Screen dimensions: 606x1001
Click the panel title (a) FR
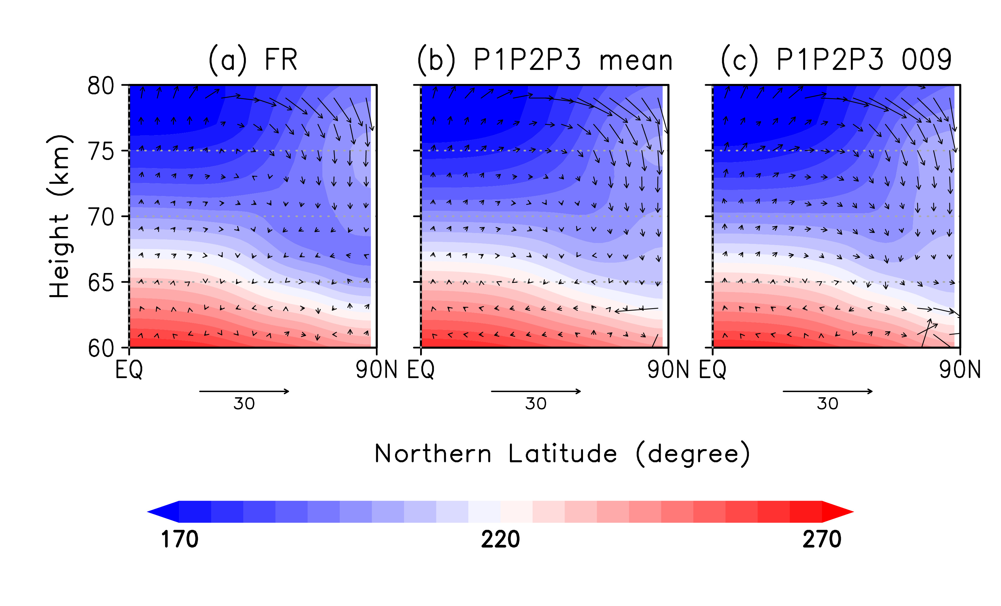point(253,60)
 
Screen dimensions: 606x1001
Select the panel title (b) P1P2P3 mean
point(545,60)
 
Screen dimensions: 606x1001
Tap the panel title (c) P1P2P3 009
point(836,60)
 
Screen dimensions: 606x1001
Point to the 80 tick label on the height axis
point(101,86)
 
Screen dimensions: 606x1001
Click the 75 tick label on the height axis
point(101,152)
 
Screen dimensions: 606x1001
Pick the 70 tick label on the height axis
point(101,217)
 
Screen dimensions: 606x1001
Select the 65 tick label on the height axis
point(101,283)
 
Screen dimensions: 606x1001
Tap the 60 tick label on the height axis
point(101,348)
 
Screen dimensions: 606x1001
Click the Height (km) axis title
point(60,216)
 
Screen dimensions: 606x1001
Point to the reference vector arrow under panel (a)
point(244,391)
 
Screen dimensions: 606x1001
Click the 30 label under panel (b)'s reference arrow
point(536,404)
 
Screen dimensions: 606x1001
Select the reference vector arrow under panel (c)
point(827,391)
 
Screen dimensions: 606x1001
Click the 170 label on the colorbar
point(180,539)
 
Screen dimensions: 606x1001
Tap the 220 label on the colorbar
point(500,539)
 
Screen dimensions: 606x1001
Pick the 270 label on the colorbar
point(821,539)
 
